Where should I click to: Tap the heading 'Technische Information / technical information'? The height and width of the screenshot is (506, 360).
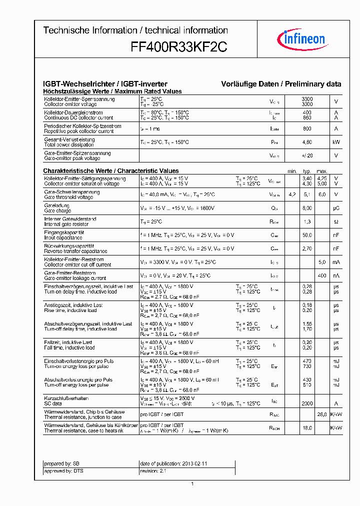(x=135, y=30)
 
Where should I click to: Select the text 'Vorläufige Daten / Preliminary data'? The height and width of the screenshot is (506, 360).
(x=281, y=84)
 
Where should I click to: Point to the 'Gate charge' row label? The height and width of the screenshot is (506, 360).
(x=57, y=210)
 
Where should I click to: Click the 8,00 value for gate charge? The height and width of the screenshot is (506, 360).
(x=307, y=208)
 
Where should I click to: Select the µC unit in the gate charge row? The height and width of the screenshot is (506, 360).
(x=336, y=208)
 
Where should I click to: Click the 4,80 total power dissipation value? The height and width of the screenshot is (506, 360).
(x=307, y=142)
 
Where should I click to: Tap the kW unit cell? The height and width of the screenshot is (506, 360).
(x=336, y=142)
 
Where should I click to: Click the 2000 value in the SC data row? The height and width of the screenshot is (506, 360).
(x=307, y=403)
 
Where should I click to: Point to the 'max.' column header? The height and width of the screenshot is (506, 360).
(x=322, y=171)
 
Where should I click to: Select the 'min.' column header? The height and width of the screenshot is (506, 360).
(x=292, y=171)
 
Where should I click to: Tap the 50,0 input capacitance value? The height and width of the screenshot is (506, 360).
(x=307, y=235)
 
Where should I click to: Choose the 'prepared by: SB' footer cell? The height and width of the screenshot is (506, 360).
(x=62, y=463)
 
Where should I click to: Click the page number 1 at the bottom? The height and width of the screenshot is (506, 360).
(x=192, y=484)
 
